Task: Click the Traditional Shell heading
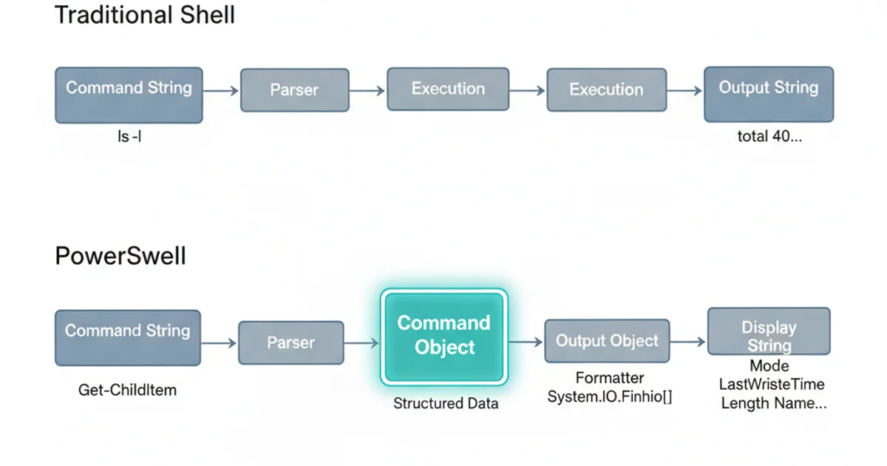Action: pos(145,15)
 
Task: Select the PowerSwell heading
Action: pos(120,257)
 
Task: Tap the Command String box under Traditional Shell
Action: pos(129,94)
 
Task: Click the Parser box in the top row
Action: pos(294,90)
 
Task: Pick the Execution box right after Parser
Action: pos(448,90)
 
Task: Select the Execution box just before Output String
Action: pos(606,90)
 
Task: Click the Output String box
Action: pos(768,94)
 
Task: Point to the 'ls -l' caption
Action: pos(129,137)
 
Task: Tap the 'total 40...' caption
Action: pos(769,137)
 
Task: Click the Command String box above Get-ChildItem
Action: pos(128,337)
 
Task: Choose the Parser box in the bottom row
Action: pos(290,342)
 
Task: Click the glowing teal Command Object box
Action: pos(443,336)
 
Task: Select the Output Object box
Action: pos(607,341)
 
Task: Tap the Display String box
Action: pos(769,332)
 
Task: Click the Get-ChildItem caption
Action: pos(127,390)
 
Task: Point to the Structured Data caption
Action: pos(445,404)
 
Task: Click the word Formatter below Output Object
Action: pos(610,379)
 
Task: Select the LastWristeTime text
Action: pos(771,385)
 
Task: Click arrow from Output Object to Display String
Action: pos(687,342)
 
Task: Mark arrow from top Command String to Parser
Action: pos(220,90)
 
